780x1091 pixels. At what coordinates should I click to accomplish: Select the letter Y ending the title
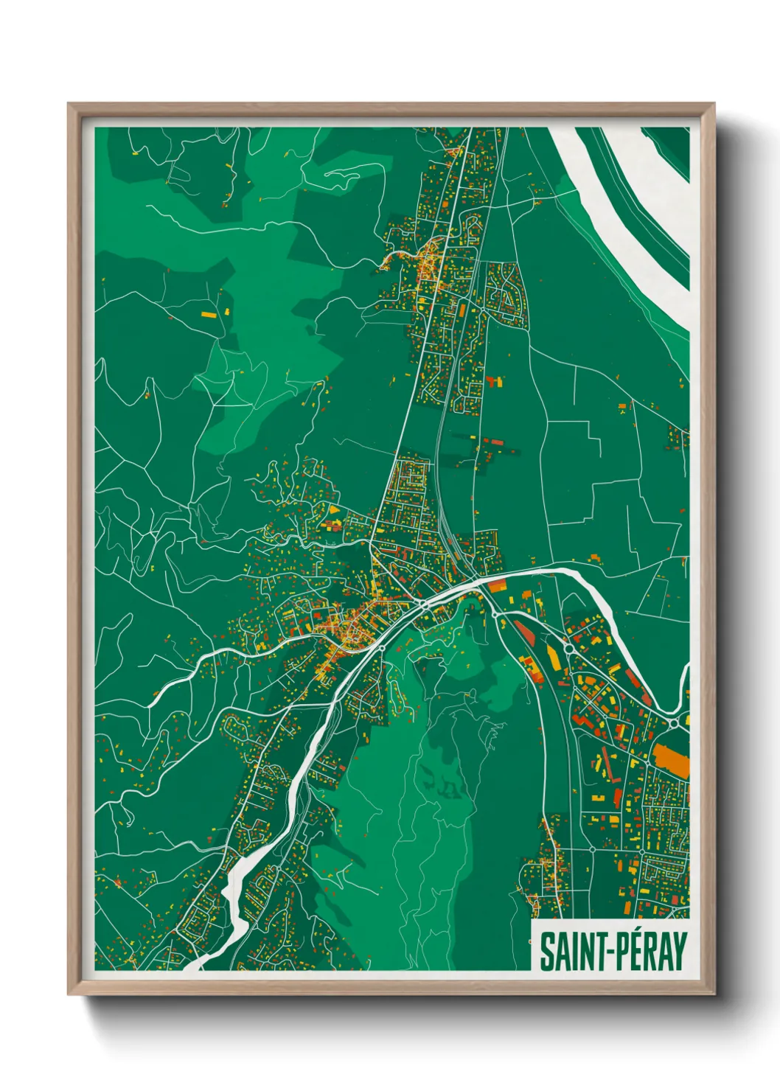pyautogui.click(x=680, y=952)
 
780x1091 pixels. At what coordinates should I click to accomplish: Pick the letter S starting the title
pyautogui.click(x=546, y=952)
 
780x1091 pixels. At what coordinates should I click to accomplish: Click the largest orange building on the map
pyautogui.click(x=672, y=761)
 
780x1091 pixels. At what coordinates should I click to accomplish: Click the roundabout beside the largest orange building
pyautogui.click(x=675, y=725)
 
